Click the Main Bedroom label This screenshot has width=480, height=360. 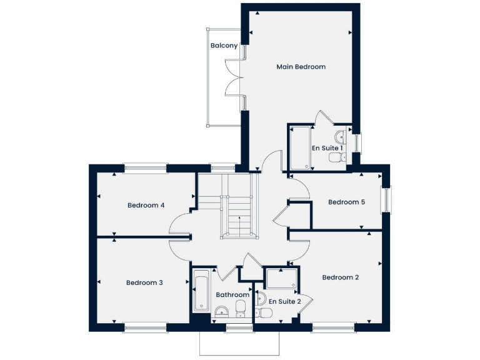[x=301, y=67]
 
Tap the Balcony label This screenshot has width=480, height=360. [x=224, y=46]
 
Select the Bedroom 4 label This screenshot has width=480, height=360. [x=146, y=205]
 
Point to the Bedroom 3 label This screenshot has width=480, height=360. [x=144, y=282]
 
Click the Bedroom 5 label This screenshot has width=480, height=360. [x=346, y=202]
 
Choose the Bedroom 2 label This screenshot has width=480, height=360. [x=340, y=277]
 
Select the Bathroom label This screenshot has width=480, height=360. [x=232, y=294]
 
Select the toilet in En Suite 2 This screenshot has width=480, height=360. [x=264, y=312]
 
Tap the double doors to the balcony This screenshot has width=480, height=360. [x=234, y=77]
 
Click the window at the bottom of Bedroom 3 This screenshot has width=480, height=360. [x=145, y=326]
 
